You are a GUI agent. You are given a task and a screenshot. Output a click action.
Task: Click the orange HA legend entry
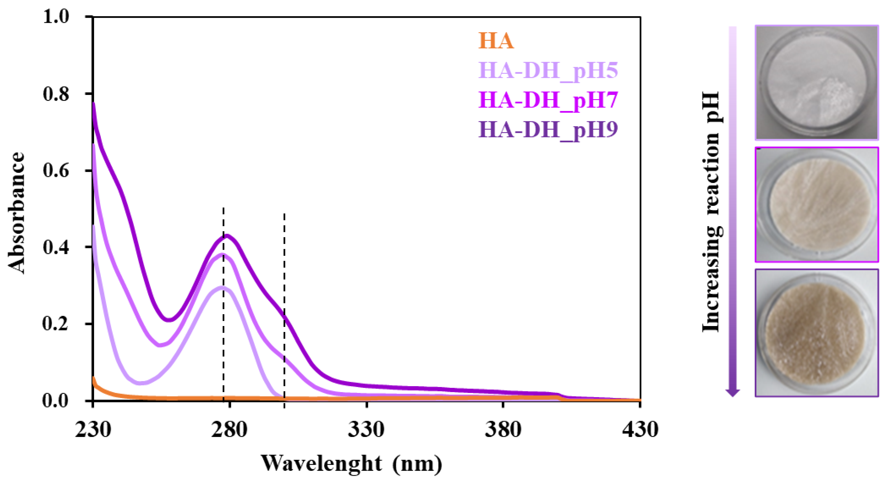[496, 41]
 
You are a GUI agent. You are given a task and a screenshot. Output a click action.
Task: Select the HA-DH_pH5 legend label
[548, 71]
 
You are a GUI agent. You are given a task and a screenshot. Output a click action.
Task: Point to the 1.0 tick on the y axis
[56, 16]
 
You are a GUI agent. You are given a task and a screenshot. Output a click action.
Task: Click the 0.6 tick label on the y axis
[56, 170]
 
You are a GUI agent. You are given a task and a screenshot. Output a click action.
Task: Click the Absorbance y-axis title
[17, 213]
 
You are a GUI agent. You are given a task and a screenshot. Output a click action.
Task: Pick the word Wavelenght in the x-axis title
[321, 463]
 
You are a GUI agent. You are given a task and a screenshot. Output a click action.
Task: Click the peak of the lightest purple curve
[223, 287]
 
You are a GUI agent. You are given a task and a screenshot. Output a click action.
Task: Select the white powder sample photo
[817, 83]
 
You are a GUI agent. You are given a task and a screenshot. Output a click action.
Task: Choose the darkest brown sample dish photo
[817, 333]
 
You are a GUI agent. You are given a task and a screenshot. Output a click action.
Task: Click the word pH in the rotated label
[712, 107]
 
